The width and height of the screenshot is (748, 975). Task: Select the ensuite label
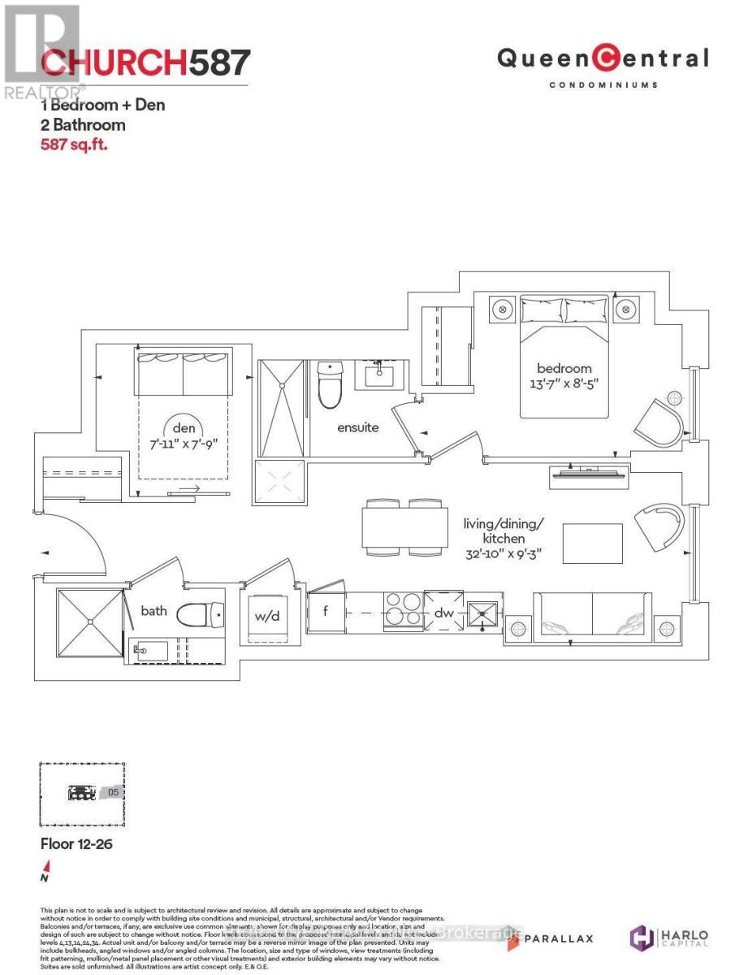[358, 427]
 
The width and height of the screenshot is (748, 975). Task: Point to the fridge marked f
[325, 611]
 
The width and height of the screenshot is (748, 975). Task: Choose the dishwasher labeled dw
[443, 612]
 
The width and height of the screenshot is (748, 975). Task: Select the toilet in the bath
[201, 615]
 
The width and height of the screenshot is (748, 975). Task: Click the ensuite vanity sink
[379, 376]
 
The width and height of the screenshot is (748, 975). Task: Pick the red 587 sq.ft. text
[74, 145]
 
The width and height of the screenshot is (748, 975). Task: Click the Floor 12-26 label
[76, 844]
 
